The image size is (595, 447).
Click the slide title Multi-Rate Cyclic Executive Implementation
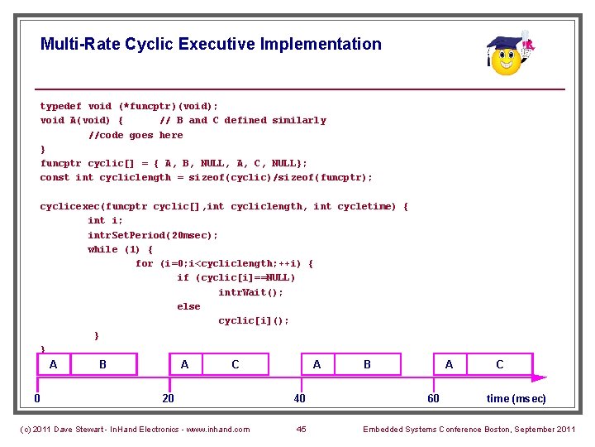pyautogui.click(x=211, y=44)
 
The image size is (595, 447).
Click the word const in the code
pyautogui.click(x=55, y=177)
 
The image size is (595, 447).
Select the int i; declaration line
pyautogui.click(x=105, y=220)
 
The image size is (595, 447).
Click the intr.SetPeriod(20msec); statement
pyautogui.click(x=153, y=235)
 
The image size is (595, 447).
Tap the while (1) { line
pyautogui.click(x=120, y=249)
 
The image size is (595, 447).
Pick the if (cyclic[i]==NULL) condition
pyautogui.click(x=236, y=277)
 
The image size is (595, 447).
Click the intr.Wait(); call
pyautogui.click(x=250, y=292)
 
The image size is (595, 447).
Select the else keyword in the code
pyautogui.click(x=188, y=306)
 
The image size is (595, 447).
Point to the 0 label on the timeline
pyautogui.click(x=37, y=398)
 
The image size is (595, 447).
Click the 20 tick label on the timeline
pyautogui.click(x=168, y=398)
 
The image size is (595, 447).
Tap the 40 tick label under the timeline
pyautogui.click(x=299, y=398)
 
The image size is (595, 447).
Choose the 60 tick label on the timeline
pyautogui.click(x=433, y=398)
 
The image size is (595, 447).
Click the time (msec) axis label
pyautogui.click(x=516, y=398)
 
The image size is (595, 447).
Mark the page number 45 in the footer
pyautogui.click(x=301, y=429)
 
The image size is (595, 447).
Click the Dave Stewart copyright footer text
pyautogui.click(x=134, y=429)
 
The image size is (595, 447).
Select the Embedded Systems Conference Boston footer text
pyautogui.click(x=469, y=429)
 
